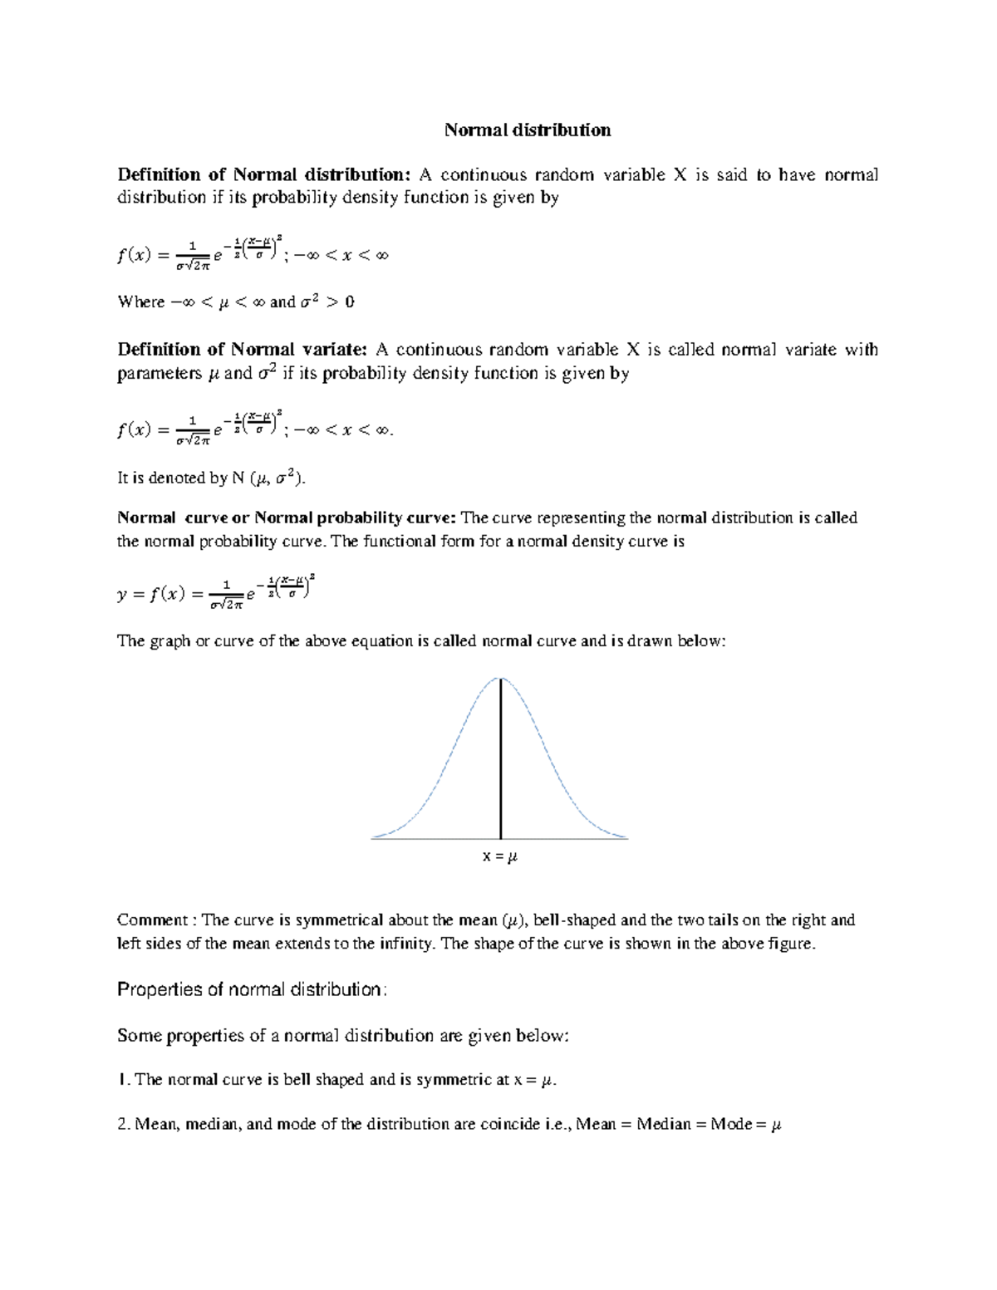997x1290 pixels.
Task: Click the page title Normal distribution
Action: point(528,130)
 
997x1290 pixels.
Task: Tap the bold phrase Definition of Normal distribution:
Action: point(264,174)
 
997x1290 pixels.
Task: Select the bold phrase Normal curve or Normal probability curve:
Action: point(287,517)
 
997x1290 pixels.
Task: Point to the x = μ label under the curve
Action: point(500,856)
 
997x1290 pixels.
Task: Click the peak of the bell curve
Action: point(500,679)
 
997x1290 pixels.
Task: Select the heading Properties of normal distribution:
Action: point(252,989)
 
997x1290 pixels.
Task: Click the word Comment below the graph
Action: point(153,920)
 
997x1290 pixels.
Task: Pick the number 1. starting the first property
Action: point(124,1080)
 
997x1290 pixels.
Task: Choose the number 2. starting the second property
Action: point(125,1125)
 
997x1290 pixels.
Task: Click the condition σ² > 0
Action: point(327,302)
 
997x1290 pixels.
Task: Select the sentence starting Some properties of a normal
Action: point(343,1035)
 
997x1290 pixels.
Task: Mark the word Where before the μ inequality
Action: point(141,302)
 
